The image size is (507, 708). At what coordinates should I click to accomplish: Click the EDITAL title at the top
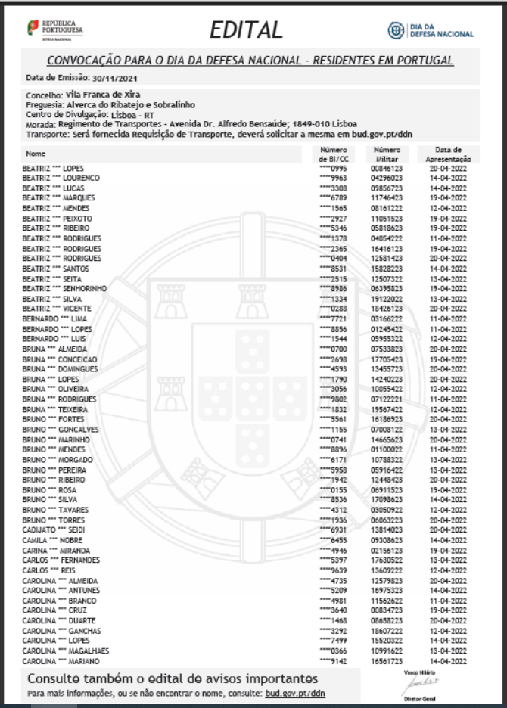246,29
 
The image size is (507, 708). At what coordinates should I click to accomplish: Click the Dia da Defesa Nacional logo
431,30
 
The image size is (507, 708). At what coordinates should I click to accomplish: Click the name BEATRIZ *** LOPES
53,168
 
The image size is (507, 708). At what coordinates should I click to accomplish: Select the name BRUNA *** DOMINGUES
60,369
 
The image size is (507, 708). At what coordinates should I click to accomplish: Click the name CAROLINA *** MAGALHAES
65,651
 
